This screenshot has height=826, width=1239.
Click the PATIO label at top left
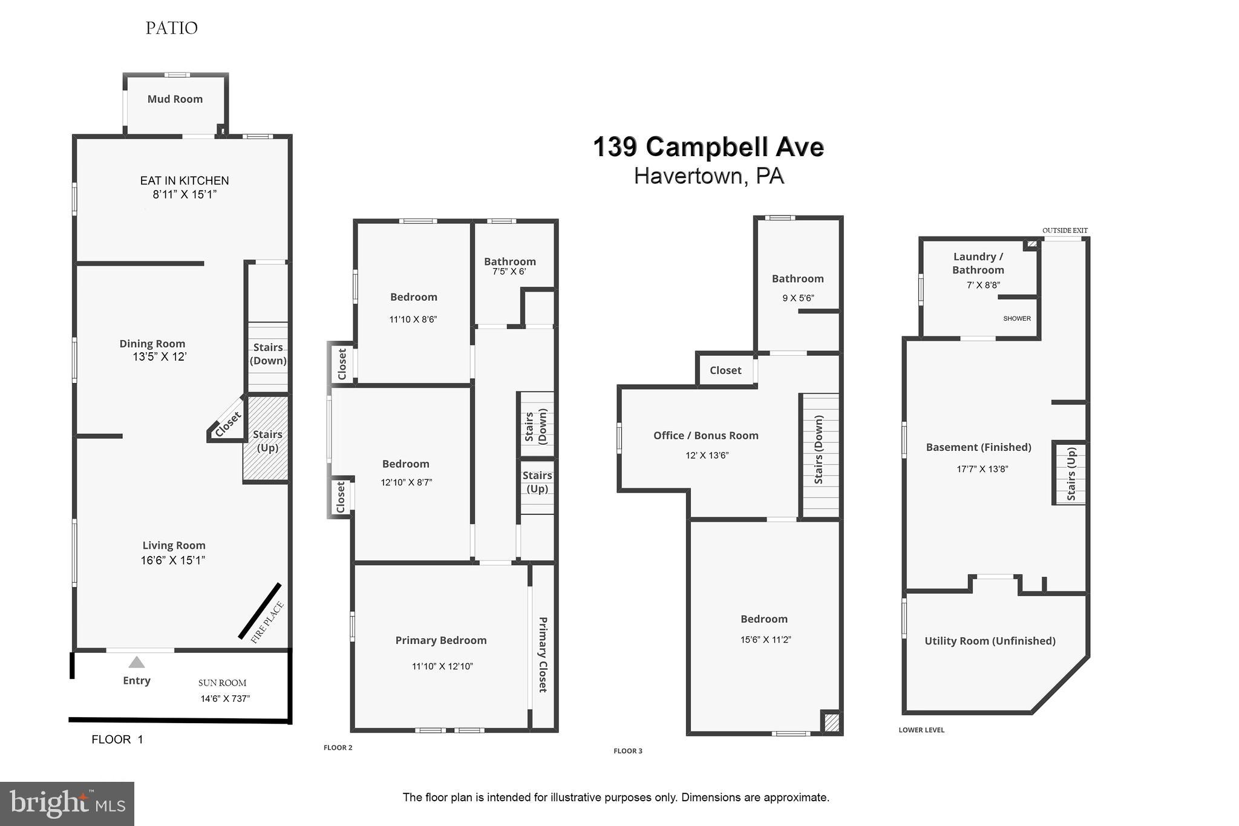[x=171, y=28]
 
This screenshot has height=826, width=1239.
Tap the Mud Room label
[x=175, y=99]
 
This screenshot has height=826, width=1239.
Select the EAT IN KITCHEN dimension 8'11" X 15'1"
[x=185, y=195]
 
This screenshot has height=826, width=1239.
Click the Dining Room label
[x=152, y=344]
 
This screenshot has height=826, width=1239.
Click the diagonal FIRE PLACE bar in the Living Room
[x=260, y=611]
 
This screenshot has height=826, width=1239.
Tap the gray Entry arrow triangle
[x=137, y=663]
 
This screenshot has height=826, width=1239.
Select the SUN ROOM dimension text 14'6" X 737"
[x=225, y=699]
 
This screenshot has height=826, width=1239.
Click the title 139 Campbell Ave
[x=708, y=147]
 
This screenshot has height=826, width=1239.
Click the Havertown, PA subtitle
[x=708, y=176]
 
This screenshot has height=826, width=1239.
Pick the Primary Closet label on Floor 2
[x=543, y=654]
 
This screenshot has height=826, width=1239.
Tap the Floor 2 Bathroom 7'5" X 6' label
[x=509, y=266]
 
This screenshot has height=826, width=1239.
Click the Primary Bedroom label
[x=440, y=640]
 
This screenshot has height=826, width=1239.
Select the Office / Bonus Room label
[x=705, y=436]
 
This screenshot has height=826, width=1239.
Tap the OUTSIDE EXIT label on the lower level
[x=1065, y=231]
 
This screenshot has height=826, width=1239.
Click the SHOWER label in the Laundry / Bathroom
[x=1016, y=319]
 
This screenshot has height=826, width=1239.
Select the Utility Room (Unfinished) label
[x=990, y=641]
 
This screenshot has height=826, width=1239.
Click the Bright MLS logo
[x=67, y=804]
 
